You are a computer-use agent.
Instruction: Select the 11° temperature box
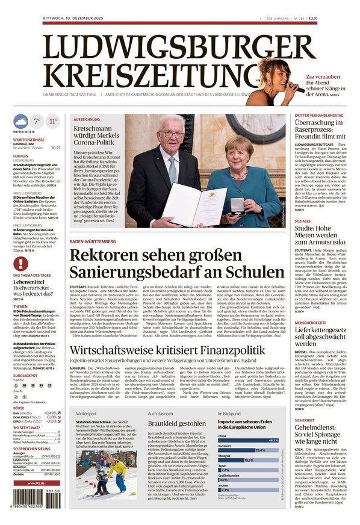[x=53, y=121]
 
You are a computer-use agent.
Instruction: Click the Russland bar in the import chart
[x=241, y=450]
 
